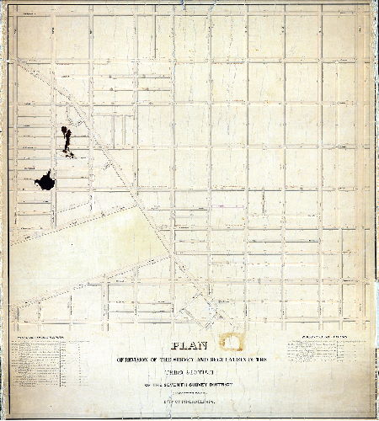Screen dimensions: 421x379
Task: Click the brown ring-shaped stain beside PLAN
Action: [x=229, y=343]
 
